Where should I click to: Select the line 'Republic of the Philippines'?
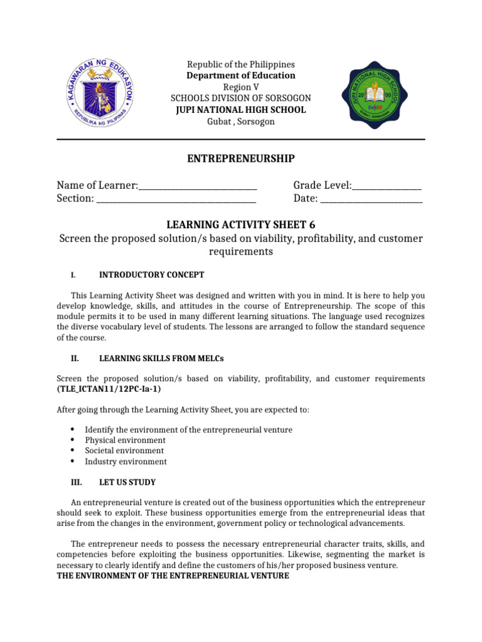[242, 65]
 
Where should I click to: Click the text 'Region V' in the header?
[241, 87]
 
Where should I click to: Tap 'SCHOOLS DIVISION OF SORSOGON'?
[241, 98]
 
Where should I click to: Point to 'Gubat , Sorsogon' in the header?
[241, 121]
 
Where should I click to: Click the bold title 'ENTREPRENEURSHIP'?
[241, 159]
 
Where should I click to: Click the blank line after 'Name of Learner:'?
[198, 186]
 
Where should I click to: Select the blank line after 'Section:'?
[176, 199]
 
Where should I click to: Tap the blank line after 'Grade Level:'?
[387, 186]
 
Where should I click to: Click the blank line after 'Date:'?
[372, 199]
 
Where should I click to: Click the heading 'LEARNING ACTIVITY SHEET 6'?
[241, 224]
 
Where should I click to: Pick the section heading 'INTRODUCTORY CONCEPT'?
[152, 275]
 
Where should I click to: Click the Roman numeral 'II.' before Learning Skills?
[73, 359]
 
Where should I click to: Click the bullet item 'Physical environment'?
[125, 440]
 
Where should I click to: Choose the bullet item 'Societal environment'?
[124, 451]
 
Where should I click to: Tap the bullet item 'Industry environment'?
[126, 461]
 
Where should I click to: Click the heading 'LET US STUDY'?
[127, 483]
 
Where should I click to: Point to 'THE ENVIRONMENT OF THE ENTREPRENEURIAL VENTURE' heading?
[173, 575]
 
